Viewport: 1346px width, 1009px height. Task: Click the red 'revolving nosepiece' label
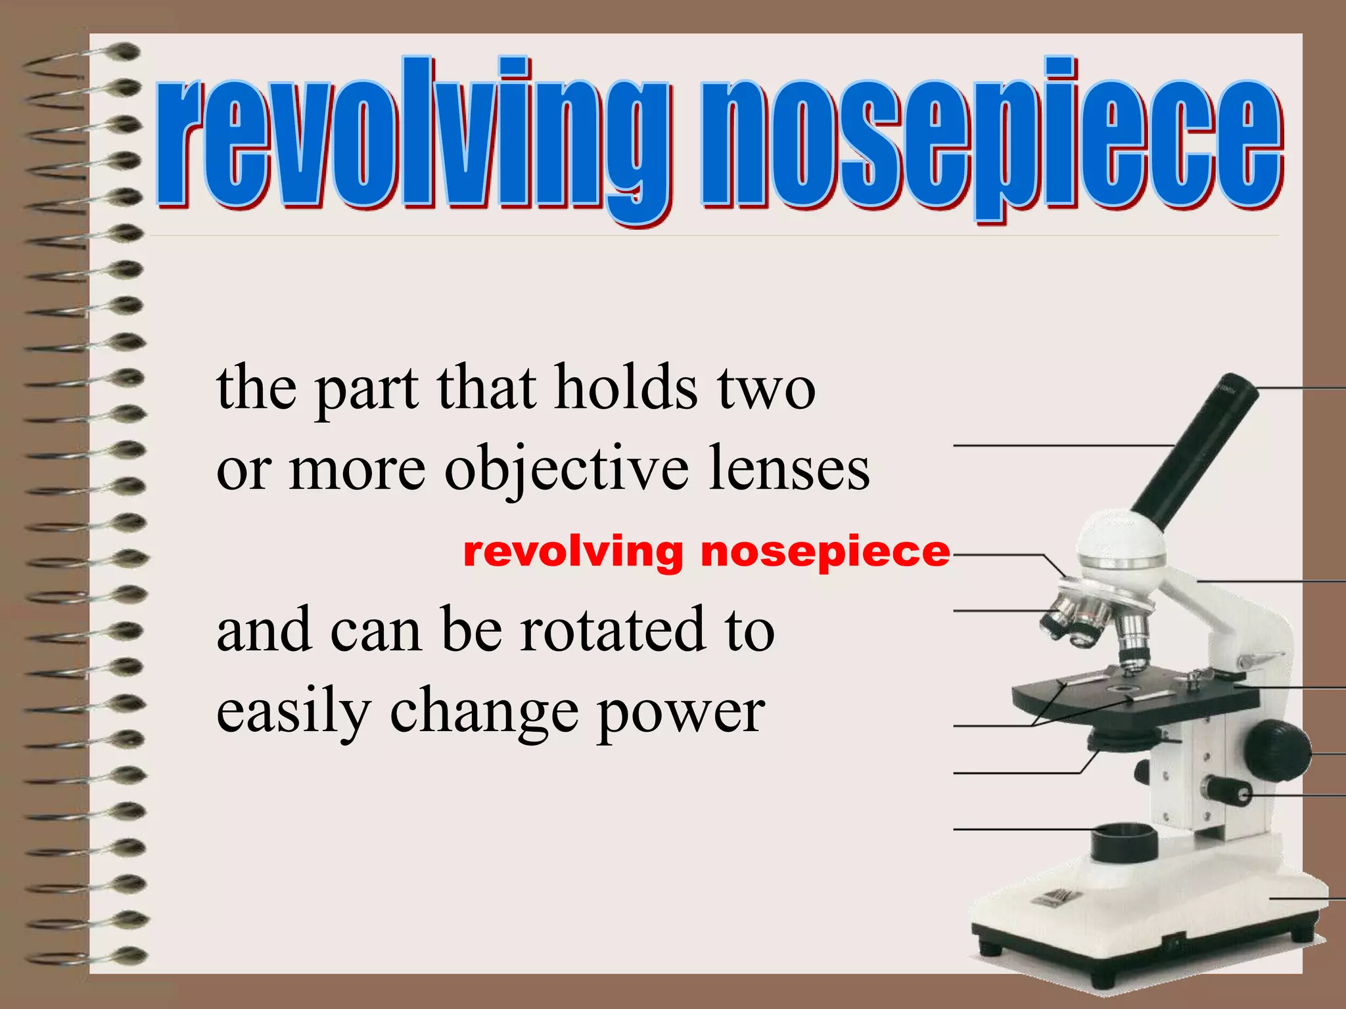(x=707, y=552)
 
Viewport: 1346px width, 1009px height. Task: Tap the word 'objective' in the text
(x=567, y=469)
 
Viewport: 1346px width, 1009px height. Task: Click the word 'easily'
(x=294, y=713)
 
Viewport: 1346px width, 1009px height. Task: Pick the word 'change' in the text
(x=484, y=713)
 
